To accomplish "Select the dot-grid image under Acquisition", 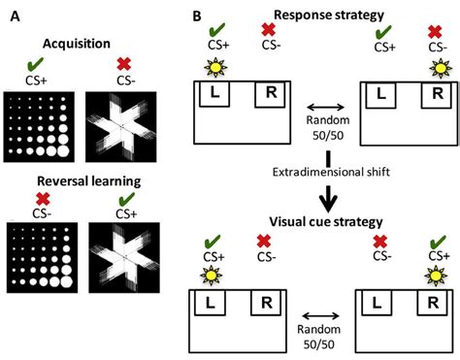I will (38, 127).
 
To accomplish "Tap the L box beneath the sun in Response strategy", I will (212, 94).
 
